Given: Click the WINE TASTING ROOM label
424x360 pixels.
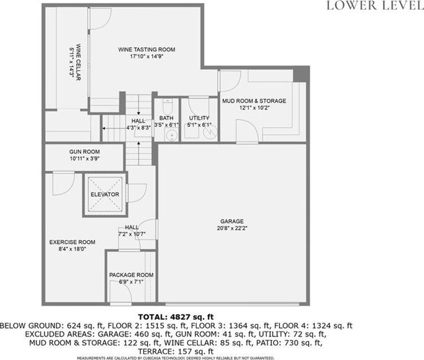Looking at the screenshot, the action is pyautogui.click(x=146, y=50).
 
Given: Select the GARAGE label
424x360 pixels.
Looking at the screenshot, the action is pyautogui.click(x=232, y=222).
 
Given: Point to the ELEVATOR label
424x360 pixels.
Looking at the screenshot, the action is pyautogui.click(x=105, y=194).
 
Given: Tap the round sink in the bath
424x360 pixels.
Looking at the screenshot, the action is pyautogui.click(x=171, y=135).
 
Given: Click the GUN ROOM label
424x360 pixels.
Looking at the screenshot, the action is pyautogui.click(x=84, y=151).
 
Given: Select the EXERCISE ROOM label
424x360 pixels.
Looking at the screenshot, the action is pyautogui.click(x=72, y=242).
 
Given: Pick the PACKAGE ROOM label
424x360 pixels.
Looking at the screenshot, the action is pyautogui.click(x=131, y=275).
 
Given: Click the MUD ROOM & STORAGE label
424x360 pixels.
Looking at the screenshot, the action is pyautogui.click(x=254, y=101).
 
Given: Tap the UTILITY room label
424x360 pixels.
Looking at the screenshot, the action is pyautogui.click(x=199, y=118).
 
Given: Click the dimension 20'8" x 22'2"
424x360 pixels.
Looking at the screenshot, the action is pyautogui.click(x=232, y=228).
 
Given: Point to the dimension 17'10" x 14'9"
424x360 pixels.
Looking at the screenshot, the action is pyautogui.click(x=147, y=57).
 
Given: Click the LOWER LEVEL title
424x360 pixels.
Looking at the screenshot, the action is pyautogui.click(x=375, y=6).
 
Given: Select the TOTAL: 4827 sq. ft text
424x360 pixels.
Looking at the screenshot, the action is pyautogui.click(x=176, y=316).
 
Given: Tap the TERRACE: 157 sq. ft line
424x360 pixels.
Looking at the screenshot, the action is pyautogui.click(x=176, y=352).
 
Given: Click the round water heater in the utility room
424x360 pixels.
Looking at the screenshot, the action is pyautogui.click(x=210, y=132).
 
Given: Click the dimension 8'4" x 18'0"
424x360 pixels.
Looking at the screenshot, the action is pyautogui.click(x=72, y=249).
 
